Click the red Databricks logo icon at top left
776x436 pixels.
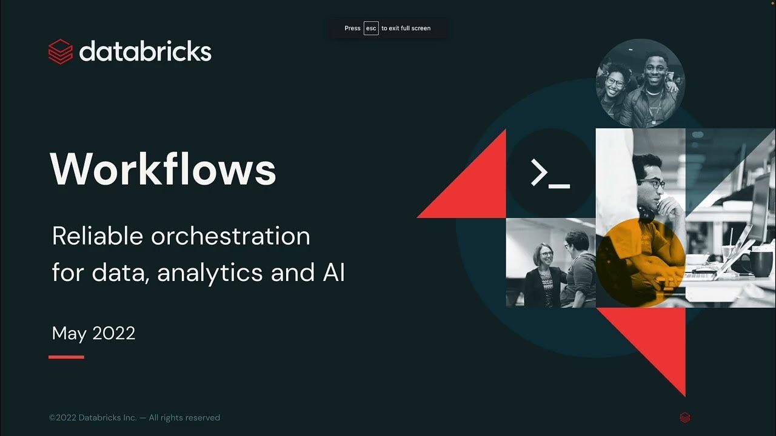point(60,52)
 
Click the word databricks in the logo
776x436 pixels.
point(145,51)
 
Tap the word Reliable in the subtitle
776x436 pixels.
point(97,236)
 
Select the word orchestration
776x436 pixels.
point(230,236)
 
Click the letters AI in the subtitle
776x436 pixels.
point(333,272)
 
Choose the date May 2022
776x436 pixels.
point(93,333)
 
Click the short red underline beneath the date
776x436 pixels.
point(66,357)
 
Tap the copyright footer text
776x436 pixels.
point(134,418)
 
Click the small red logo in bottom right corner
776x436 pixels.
point(685,417)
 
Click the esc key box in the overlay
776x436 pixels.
point(371,28)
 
